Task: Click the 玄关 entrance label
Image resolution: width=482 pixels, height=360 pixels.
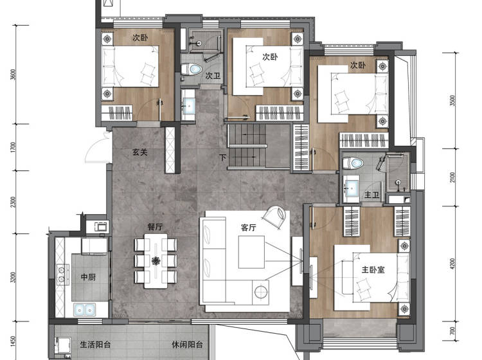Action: pyautogui.click(x=140, y=152)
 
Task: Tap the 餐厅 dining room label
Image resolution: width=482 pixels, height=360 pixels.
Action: pyautogui.click(x=156, y=227)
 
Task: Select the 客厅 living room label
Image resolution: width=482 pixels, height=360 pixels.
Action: pyautogui.click(x=248, y=228)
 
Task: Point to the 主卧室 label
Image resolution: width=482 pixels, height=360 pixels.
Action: pyautogui.click(x=373, y=270)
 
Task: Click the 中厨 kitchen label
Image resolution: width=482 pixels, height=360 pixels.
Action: pyautogui.click(x=88, y=277)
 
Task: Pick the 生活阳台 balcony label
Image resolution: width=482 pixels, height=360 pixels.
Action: pyautogui.click(x=95, y=345)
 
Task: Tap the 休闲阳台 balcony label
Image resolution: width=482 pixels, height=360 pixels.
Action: pyautogui.click(x=187, y=345)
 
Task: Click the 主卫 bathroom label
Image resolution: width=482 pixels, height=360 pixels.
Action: pyautogui.click(x=372, y=195)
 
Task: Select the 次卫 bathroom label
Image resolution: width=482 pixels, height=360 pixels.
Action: pyautogui.click(x=213, y=76)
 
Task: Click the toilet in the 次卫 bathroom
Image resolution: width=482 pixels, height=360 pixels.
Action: pyautogui.click(x=192, y=69)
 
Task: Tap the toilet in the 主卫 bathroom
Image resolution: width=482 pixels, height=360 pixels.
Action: pyautogui.click(x=353, y=163)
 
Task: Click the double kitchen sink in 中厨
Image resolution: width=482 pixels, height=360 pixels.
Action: pyautogui.click(x=85, y=309)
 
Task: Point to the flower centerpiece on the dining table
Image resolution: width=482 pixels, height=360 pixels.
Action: pyautogui.click(x=156, y=261)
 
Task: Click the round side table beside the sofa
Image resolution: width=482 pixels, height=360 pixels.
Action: pyautogui.click(x=261, y=291)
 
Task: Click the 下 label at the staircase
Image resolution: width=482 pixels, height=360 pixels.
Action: pyautogui.click(x=222, y=157)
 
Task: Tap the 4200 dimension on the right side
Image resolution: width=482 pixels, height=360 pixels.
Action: pyautogui.click(x=452, y=264)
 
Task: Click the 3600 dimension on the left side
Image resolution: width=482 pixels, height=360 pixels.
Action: pyautogui.click(x=13, y=75)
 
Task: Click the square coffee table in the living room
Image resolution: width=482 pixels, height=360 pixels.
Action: pyautogui.click(x=251, y=252)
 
